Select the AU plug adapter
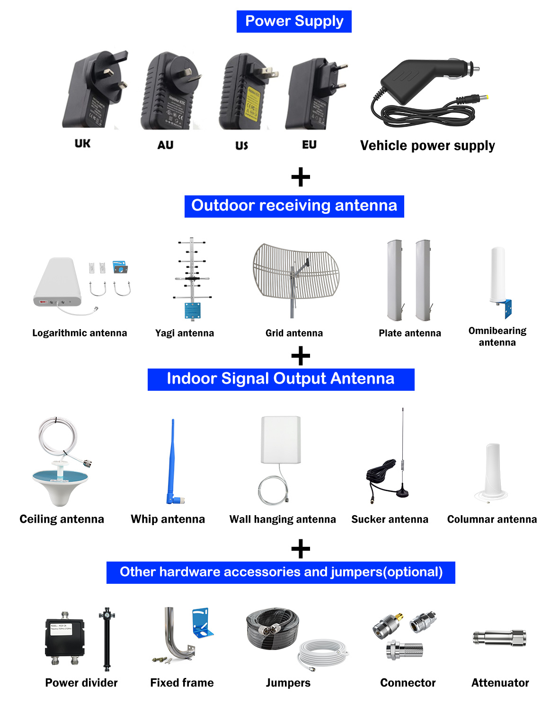pos(170,92)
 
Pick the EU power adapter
pos(315,95)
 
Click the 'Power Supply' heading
pos(294,21)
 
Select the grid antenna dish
pos(295,272)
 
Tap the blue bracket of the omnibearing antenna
pos(508,308)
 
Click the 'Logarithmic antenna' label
pos(80,333)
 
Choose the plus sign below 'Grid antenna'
pos(301,356)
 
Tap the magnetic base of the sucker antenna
pos(402,492)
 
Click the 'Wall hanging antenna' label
pos(283,519)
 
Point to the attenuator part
pos(499,638)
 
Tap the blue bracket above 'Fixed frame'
pos(202,622)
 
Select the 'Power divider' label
pos(81,683)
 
